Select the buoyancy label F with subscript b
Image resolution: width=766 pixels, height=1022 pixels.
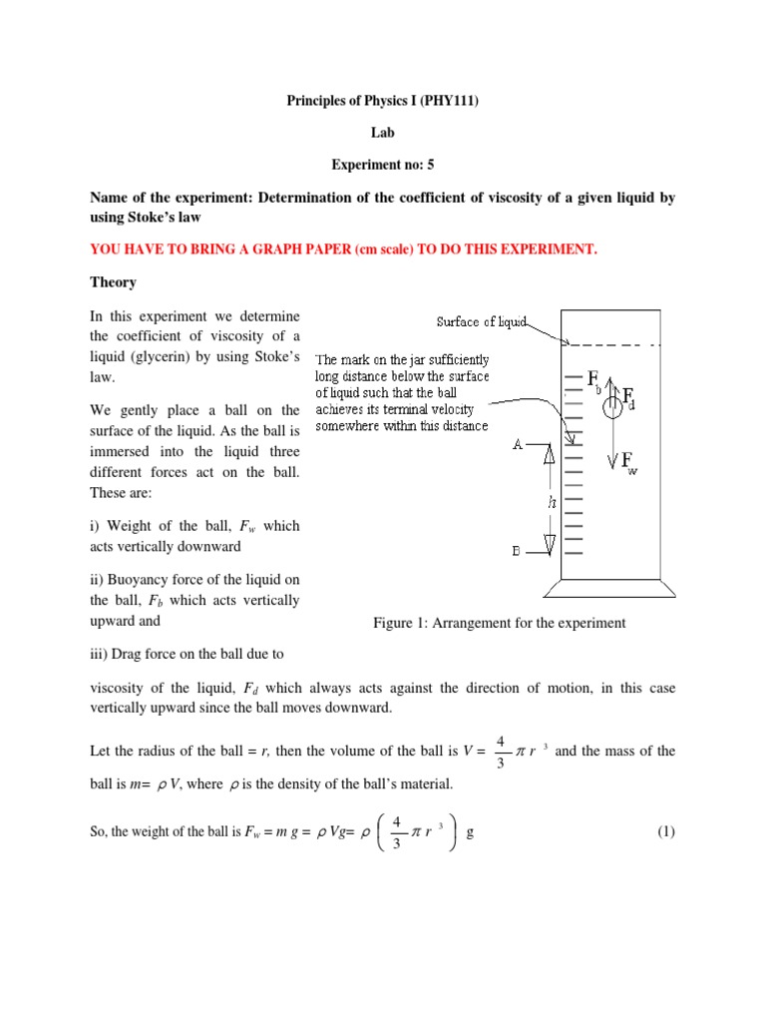click(594, 380)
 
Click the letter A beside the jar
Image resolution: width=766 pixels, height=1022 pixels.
click(518, 445)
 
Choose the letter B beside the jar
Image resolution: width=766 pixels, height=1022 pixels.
click(518, 551)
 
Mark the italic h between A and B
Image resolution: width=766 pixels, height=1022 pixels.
click(552, 503)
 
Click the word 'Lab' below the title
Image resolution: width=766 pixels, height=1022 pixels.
click(382, 133)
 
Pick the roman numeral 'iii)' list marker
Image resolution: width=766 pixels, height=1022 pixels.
click(100, 655)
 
